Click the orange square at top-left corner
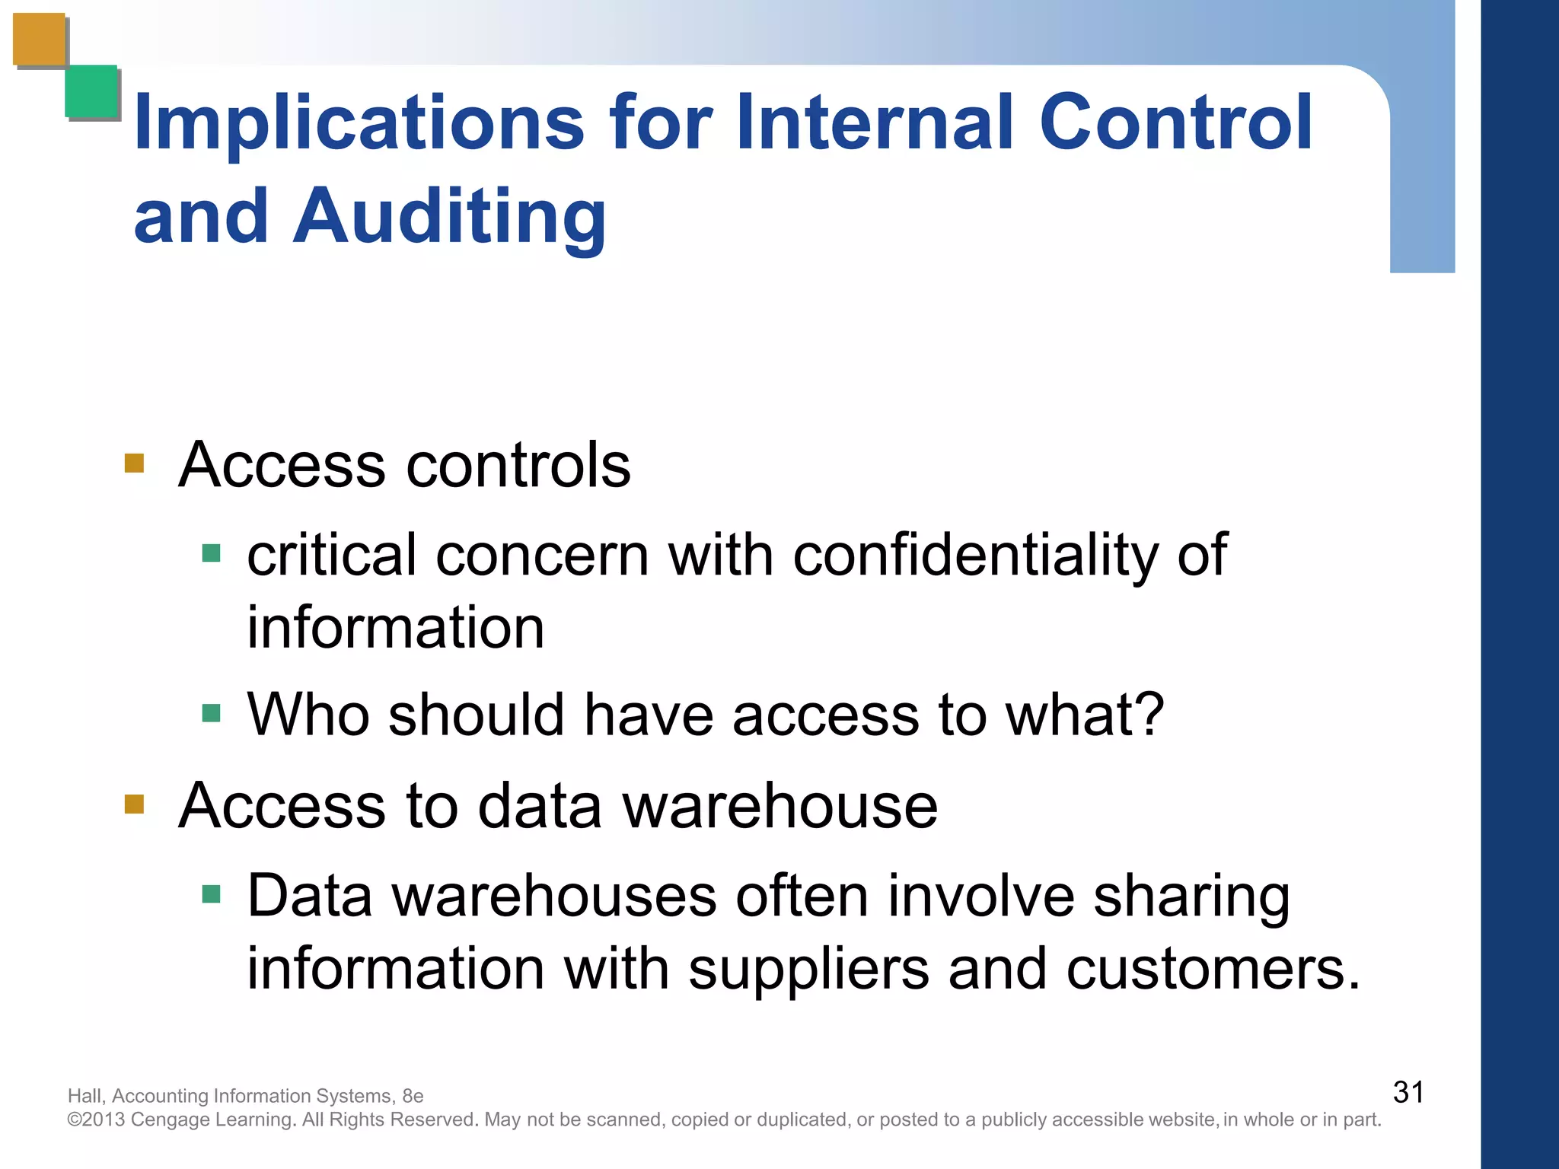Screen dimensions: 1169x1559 (x=40, y=40)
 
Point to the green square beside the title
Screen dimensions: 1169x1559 (x=91, y=91)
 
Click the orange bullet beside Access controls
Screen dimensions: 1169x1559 (x=135, y=463)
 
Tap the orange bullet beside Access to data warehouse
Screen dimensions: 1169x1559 (x=135, y=804)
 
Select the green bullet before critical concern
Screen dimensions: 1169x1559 (x=211, y=553)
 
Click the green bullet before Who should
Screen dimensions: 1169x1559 (x=211, y=713)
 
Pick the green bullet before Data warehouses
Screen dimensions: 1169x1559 (x=211, y=893)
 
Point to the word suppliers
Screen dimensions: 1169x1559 (x=808, y=970)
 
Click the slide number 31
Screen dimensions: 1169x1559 (x=1408, y=1092)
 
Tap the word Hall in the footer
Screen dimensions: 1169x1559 (x=84, y=1096)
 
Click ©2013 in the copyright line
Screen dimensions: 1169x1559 (x=96, y=1120)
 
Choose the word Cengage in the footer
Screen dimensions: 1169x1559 (x=171, y=1120)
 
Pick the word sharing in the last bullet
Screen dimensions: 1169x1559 (x=1191, y=897)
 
